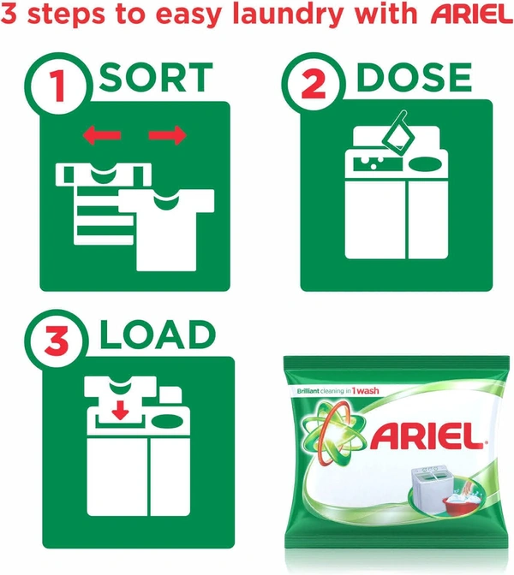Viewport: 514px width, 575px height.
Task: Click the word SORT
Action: point(156,77)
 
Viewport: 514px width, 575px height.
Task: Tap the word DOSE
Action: point(414,77)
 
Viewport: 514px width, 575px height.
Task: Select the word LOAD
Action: point(157,335)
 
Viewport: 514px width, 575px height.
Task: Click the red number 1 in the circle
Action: point(57,86)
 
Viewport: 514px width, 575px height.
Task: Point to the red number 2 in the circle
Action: point(314,85)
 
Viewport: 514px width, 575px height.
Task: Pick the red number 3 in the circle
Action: point(57,341)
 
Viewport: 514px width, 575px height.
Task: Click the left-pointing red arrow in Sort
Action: point(102,135)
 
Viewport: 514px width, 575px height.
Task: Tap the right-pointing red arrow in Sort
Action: point(167,135)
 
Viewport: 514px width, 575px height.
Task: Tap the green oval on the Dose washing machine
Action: point(425,164)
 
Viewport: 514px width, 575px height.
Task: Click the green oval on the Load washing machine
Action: point(167,421)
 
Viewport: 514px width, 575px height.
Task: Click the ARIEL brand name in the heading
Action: point(472,15)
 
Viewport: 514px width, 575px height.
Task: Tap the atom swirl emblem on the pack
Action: point(333,432)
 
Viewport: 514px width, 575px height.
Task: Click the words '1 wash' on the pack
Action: point(365,391)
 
